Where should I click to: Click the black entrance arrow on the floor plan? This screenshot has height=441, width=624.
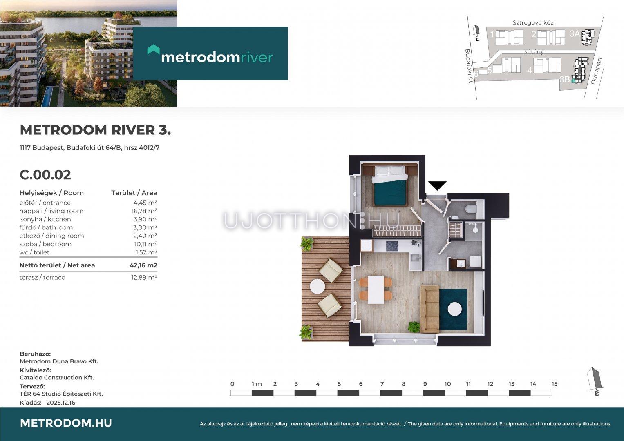[437, 185]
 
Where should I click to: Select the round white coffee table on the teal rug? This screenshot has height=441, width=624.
[455, 309]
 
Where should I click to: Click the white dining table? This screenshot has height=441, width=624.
[376, 290]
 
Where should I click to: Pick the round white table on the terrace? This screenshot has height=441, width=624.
[317, 286]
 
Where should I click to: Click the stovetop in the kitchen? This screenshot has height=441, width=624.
[392, 246]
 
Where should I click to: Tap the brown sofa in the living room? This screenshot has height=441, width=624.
[430, 309]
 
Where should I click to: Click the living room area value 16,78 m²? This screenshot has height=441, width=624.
[144, 211]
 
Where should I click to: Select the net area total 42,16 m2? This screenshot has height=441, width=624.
[143, 265]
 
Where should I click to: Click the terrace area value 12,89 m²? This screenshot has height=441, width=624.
[144, 277]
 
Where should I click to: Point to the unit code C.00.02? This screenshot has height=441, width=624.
[45, 175]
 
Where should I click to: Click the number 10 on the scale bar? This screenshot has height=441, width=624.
[447, 384]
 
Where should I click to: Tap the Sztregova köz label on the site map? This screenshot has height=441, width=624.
[533, 23]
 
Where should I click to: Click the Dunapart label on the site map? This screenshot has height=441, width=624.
[596, 71]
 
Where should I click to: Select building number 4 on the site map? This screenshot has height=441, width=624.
[530, 71]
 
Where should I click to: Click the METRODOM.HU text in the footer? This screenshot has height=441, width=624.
[66, 423]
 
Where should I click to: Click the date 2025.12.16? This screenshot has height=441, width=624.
[61, 403]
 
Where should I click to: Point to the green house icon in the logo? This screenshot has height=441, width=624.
[153, 49]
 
